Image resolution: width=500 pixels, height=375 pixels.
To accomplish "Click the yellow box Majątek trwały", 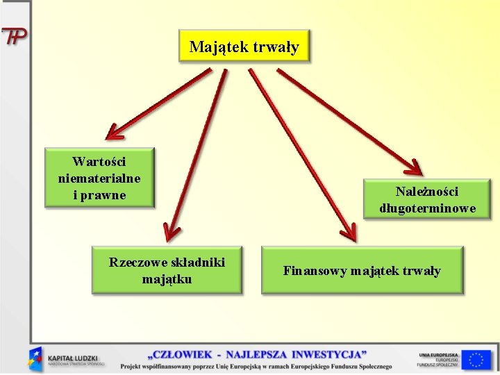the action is pyautogui.click(x=244, y=47).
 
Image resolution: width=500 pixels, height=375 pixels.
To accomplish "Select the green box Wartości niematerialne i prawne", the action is pyautogui.click(x=99, y=178).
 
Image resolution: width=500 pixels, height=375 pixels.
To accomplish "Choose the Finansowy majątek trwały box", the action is pyautogui.click(x=362, y=271).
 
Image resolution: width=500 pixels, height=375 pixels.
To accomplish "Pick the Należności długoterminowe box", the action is pyautogui.click(x=427, y=200).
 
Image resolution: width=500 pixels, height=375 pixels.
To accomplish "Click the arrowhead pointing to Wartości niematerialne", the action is pyautogui.click(x=113, y=132).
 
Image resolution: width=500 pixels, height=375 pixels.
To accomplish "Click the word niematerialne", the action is pyautogui.click(x=99, y=178).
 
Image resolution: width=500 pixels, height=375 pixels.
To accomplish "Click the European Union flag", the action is pyautogui.click(x=476, y=359).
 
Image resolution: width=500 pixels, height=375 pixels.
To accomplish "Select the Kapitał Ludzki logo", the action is pyautogui.click(x=67, y=358).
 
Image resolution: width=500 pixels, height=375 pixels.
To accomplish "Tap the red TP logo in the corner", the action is pyautogui.click(x=14, y=37).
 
